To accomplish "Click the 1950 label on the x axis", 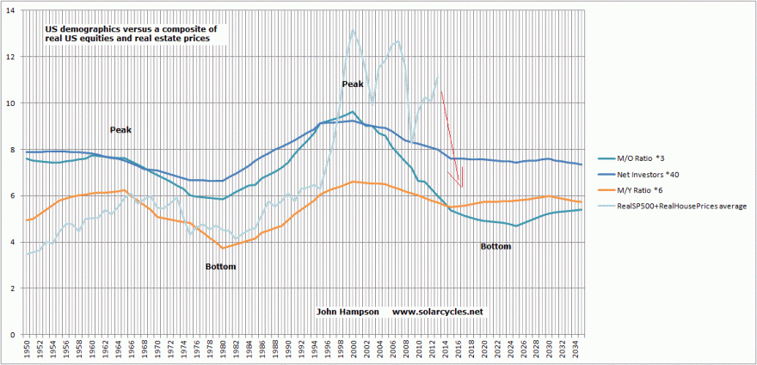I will pyautogui.click(x=27, y=350).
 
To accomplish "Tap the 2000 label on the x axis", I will pyautogui.click(x=352, y=350).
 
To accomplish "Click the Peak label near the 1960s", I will pyautogui.click(x=120, y=130).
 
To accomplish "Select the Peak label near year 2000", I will pyautogui.click(x=353, y=84).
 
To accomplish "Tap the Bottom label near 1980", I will pyautogui.click(x=221, y=267).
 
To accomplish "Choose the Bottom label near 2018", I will pyautogui.click(x=495, y=246).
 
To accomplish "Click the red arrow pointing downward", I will pyautogui.click(x=451, y=138).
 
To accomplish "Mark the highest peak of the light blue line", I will pyautogui.click(x=353, y=30).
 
